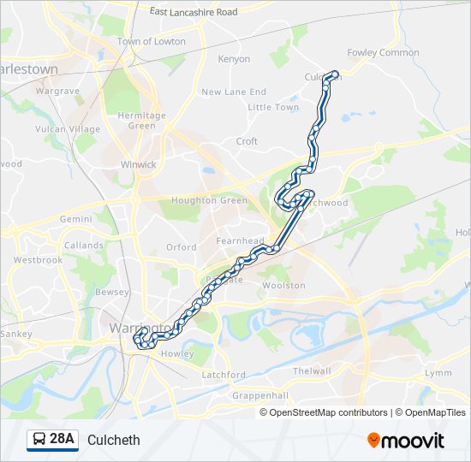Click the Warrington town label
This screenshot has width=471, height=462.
pos(136,328)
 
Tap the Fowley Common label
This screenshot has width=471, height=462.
pos(383,52)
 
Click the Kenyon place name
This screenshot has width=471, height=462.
pos(234,59)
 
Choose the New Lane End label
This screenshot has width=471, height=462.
pos(233,92)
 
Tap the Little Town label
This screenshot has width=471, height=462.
pos(273,108)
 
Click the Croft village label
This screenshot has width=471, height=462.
pos(247,141)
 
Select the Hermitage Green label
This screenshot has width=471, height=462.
pos(142,121)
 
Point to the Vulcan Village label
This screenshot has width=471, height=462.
pos(68,129)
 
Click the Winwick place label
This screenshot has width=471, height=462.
pos(139,163)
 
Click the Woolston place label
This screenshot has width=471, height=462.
pos(283,286)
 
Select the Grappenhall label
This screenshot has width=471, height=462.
pos(261,396)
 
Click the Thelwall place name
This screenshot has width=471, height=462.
pos(311,370)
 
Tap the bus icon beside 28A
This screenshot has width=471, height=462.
pos(39,440)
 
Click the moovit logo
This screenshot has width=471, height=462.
pos(406,441)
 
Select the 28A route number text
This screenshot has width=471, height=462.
pos(63,440)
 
